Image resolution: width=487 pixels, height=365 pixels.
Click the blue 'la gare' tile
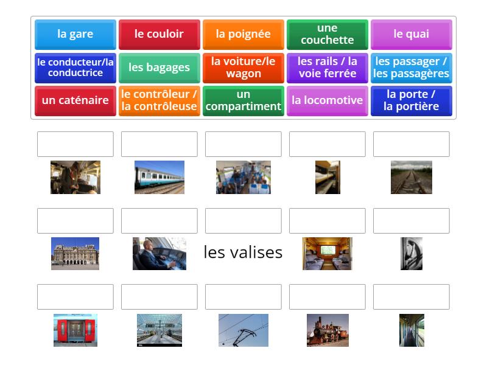pyautogui.click(x=75, y=34)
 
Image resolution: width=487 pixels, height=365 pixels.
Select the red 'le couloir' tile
pyautogui.click(x=159, y=34)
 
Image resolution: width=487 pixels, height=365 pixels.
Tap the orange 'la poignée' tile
pyautogui.click(x=243, y=34)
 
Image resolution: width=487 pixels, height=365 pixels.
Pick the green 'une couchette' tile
pyautogui.click(x=327, y=34)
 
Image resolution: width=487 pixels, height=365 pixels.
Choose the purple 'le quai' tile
pyautogui.click(x=411, y=34)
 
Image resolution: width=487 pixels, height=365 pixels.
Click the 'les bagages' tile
pyautogui.click(x=159, y=68)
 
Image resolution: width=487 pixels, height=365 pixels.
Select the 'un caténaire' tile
pyautogui.click(x=75, y=100)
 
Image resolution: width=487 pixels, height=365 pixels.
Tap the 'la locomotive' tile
pyautogui.click(x=327, y=100)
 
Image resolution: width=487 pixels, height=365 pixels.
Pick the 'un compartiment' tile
pyautogui.click(x=243, y=100)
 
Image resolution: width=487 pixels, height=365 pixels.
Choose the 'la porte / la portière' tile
pyautogui.click(x=411, y=100)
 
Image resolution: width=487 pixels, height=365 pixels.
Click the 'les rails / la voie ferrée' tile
pyautogui.click(x=327, y=68)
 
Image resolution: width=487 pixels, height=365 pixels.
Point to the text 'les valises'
pyautogui.click(x=243, y=252)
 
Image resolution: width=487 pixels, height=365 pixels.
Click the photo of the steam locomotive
pyautogui.click(x=328, y=330)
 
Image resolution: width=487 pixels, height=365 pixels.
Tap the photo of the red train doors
pyautogui.click(x=75, y=330)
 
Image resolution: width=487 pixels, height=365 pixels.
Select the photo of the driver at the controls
pyautogui.click(x=159, y=254)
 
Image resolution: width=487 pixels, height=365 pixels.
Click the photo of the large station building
pyautogui.click(x=75, y=254)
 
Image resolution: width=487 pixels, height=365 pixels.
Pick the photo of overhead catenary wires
pyautogui.click(x=243, y=330)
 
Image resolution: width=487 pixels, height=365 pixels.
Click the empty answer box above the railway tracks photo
pyautogui.click(x=411, y=144)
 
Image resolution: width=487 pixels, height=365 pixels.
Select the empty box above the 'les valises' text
pyautogui.click(x=243, y=221)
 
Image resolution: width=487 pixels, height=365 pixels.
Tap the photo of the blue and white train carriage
pyautogui.click(x=159, y=177)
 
